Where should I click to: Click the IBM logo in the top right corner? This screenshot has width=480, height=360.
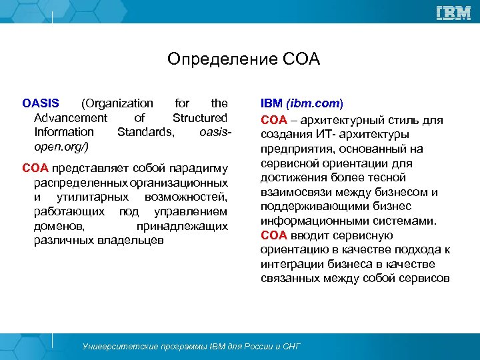[x=453, y=12]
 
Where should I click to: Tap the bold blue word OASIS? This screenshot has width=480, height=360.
[x=40, y=103]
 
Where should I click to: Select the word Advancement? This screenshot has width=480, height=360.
[x=66, y=118]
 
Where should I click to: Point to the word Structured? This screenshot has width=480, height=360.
[x=200, y=118]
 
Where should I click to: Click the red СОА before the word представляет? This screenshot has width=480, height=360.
[x=35, y=167]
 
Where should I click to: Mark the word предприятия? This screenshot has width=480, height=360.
[x=293, y=148]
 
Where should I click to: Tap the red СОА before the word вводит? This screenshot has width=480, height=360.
[x=273, y=235]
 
